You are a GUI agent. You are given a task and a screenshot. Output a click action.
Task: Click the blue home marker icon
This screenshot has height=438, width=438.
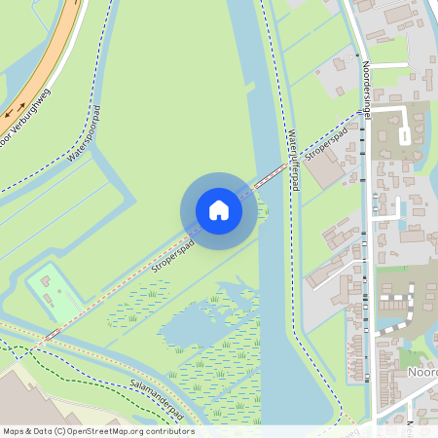tap(219, 209)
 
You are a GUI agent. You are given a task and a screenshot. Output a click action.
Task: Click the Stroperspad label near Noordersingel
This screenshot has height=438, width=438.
tap(325, 142)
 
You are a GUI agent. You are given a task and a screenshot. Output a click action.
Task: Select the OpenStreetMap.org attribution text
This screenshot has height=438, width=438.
tap(122, 431)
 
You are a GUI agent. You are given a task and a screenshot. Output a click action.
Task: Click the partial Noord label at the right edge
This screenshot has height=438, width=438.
tap(420, 372)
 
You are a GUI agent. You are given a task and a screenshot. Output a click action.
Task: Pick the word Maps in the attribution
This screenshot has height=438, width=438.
tap(15, 431)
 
